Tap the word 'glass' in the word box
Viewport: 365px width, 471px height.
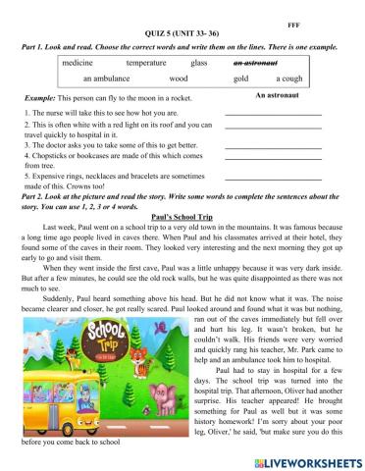pos(199,62)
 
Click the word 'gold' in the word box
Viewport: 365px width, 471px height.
pos(240,78)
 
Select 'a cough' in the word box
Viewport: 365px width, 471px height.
pos(289,78)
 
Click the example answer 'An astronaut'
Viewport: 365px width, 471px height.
pos(276,95)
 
